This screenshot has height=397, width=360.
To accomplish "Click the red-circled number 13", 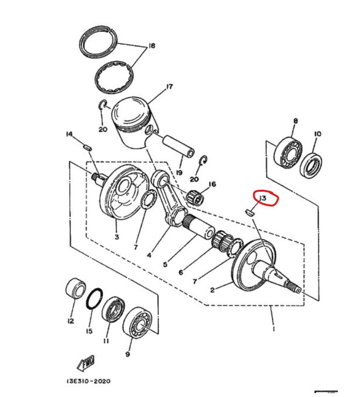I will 265,198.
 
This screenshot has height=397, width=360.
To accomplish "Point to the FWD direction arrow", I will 85,362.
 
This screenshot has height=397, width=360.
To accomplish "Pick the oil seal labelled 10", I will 311,165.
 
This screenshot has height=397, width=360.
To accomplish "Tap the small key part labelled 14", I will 87,145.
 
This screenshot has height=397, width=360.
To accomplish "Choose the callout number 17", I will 169,87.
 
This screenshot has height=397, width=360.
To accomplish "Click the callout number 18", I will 152,47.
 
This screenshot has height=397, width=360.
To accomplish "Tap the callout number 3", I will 116,237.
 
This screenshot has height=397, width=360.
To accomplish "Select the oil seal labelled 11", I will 113,311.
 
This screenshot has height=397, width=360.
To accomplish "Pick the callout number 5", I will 165,265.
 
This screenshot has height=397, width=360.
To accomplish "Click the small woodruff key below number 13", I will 249,211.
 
